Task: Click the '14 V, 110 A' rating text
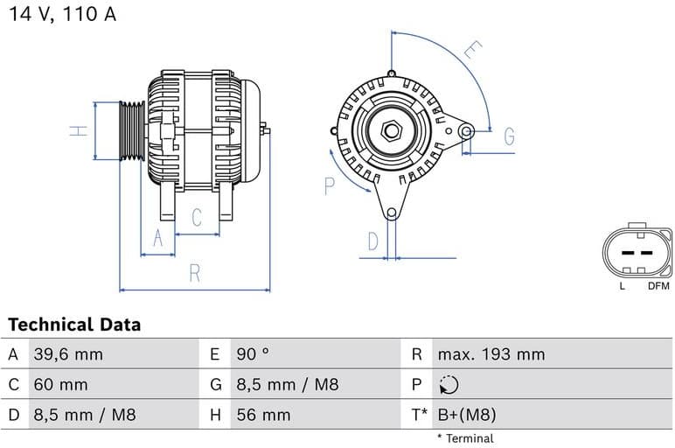click(x=62, y=15)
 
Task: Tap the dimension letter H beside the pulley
click(x=80, y=131)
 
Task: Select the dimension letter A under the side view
click(x=158, y=237)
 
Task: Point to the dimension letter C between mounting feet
click(x=197, y=217)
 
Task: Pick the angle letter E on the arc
click(x=472, y=50)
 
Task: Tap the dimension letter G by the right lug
click(x=508, y=136)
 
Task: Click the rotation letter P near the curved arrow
click(x=330, y=185)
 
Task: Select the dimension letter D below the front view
click(x=372, y=241)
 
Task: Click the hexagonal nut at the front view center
click(x=391, y=131)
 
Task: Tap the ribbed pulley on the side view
click(x=132, y=131)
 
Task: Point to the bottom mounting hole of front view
click(x=391, y=213)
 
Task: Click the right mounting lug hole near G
click(x=467, y=132)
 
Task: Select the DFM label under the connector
click(x=658, y=286)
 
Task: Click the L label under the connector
click(x=622, y=286)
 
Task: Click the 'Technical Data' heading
click(x=74, y=325)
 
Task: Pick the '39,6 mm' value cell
click(x=68, y=354)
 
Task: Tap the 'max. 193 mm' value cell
click(x=491, y=354)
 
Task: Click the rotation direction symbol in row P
click(x=449, y=385)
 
